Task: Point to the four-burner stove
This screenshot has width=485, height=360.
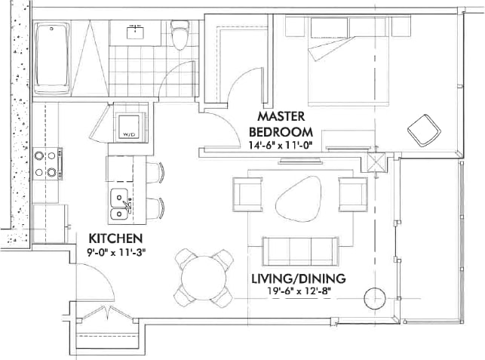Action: pyautogui.click(x=47, y=165)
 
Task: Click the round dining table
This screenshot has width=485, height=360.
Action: pyautogui.click(x=202, y=276)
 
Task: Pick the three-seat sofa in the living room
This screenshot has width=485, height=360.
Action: pyautogui.click(x=300, y=248)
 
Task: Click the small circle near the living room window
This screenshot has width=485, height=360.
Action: pyautogui.click(x=375, y=298)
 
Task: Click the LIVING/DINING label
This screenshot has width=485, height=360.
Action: pyautogui.click(x=298, y=278)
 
